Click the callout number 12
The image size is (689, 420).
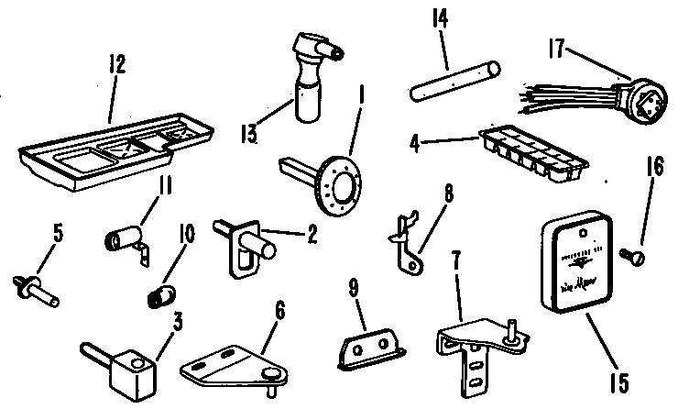click(117, 64)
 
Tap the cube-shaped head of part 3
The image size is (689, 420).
click(129, 373)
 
